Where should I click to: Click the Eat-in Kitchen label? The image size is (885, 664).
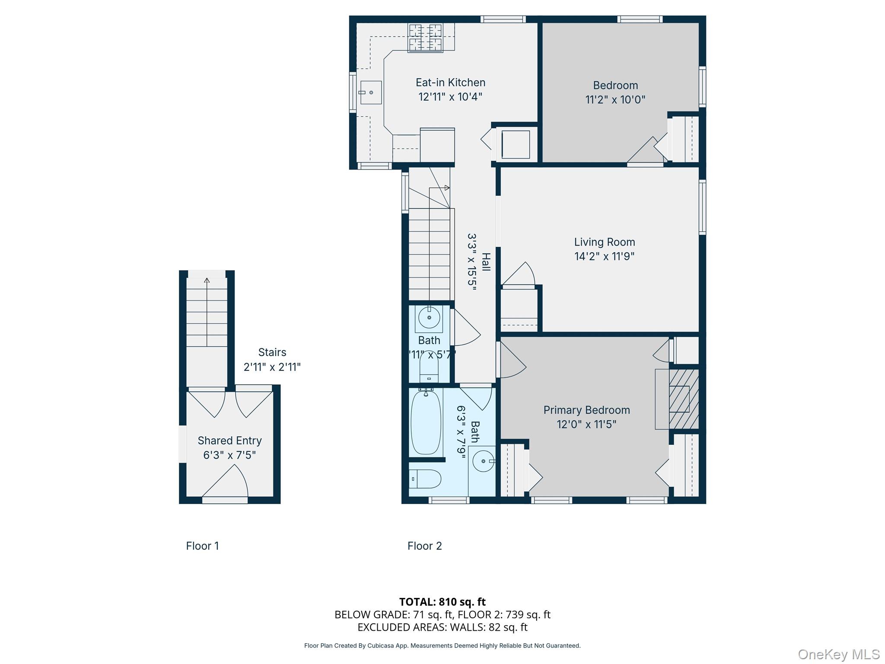(450, 83)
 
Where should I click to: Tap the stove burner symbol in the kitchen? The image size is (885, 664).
(425, 37)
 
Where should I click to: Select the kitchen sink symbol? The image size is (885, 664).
(370, 93)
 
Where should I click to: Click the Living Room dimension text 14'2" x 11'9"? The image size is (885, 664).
(604, 256)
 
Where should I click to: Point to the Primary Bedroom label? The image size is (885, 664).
(586, 410)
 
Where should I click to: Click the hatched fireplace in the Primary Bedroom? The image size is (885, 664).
(684, 399)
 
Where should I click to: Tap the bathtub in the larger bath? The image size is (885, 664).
(426, 422)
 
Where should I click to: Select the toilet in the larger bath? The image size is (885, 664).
(425, 479)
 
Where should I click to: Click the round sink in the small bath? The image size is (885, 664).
(429, 318)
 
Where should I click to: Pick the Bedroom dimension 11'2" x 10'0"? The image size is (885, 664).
(615, 100)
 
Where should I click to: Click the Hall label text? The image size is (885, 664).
(486, 262)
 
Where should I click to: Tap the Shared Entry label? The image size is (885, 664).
(229, 441)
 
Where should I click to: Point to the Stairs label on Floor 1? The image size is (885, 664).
(272, 352)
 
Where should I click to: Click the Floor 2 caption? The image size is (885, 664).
(424, 546)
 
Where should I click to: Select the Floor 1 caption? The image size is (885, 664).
(202, 546)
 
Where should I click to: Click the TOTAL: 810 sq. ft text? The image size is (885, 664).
(442, 602)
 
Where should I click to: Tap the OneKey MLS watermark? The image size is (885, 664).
(838, 654)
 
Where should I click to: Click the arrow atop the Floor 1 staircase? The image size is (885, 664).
(207, 280)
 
